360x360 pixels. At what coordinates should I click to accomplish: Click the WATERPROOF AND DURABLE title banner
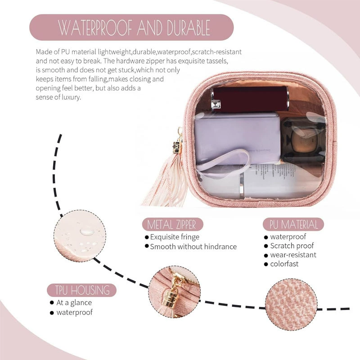(x=131, y=27)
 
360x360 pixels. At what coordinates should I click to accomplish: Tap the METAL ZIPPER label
(x=172, y=224)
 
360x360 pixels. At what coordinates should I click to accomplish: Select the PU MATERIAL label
(x=293, y=224)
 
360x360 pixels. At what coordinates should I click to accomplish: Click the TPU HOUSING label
(x=82, y=290)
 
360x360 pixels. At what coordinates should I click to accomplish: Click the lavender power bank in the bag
(x=237, y=139)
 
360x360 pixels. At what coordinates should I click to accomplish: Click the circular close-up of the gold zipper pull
(x=175, y=292)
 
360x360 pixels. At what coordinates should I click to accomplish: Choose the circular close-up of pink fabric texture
(x=291, y=305)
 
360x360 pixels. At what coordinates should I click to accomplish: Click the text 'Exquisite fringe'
(x=175, y=237)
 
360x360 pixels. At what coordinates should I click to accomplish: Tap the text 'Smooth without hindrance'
(x=193, y=247)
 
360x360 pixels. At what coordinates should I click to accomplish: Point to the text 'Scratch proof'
(x=292, y=246)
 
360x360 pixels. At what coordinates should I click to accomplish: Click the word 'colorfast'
(x=284, y=264)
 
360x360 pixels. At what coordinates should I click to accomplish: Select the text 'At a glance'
(x=74, y=302)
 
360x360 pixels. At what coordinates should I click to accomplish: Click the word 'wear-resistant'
(x=293, y=255)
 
